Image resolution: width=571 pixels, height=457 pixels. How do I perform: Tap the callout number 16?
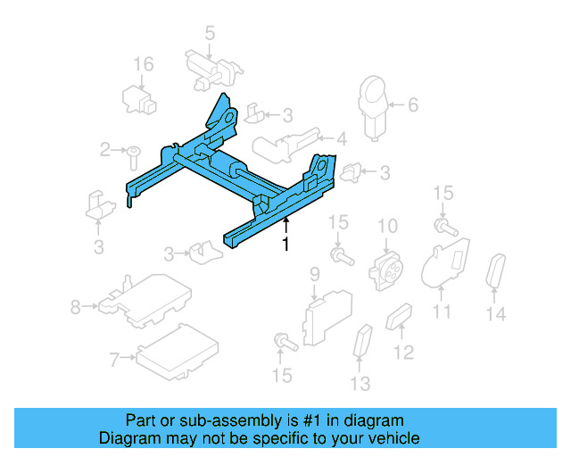click(x=144, y=64)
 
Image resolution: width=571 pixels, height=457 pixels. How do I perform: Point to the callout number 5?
click(x=210, y=34)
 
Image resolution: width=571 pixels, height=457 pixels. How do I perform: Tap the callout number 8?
click(x=75, y=308)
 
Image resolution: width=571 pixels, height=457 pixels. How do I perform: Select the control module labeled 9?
click(x=327, y=312)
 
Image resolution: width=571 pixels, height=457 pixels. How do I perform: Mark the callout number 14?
click(x=496, y=313)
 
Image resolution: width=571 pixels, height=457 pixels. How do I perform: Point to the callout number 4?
click(x=341, y=138)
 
